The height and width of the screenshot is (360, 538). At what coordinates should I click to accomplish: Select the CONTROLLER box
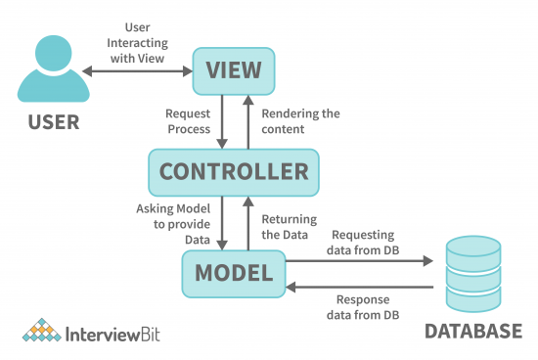(233, 172)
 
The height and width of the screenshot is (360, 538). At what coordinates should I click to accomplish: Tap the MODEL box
(233, 274)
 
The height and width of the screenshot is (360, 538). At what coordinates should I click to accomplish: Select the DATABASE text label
(473, 332)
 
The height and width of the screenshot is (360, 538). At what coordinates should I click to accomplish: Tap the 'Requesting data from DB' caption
(363, 242)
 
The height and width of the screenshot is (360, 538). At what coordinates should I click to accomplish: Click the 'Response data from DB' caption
(363, 306)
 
